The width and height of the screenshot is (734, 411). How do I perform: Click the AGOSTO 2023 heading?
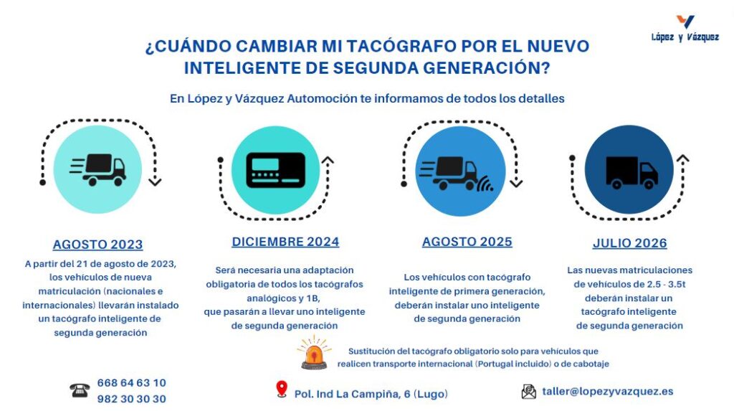(97, 244)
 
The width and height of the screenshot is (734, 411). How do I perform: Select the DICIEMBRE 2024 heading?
(285, 242)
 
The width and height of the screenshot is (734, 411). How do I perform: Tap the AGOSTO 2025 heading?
(467, 242)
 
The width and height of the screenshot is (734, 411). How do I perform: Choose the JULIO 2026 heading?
(629, 243)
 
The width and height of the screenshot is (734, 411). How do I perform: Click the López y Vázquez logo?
(685, 28)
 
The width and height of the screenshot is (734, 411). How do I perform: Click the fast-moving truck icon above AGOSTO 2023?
(98, 169)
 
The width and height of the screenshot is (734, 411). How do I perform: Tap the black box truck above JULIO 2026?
(630, 171)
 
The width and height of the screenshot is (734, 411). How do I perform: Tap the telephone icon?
(79, 391)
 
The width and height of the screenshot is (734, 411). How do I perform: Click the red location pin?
(281, 389)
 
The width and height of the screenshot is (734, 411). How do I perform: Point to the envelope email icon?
(529, 392)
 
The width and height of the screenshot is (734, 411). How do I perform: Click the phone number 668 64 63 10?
(131, 383)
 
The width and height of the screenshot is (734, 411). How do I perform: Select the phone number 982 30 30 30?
(131, 399)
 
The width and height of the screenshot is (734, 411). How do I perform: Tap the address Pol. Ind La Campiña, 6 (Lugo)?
(371, 394)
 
